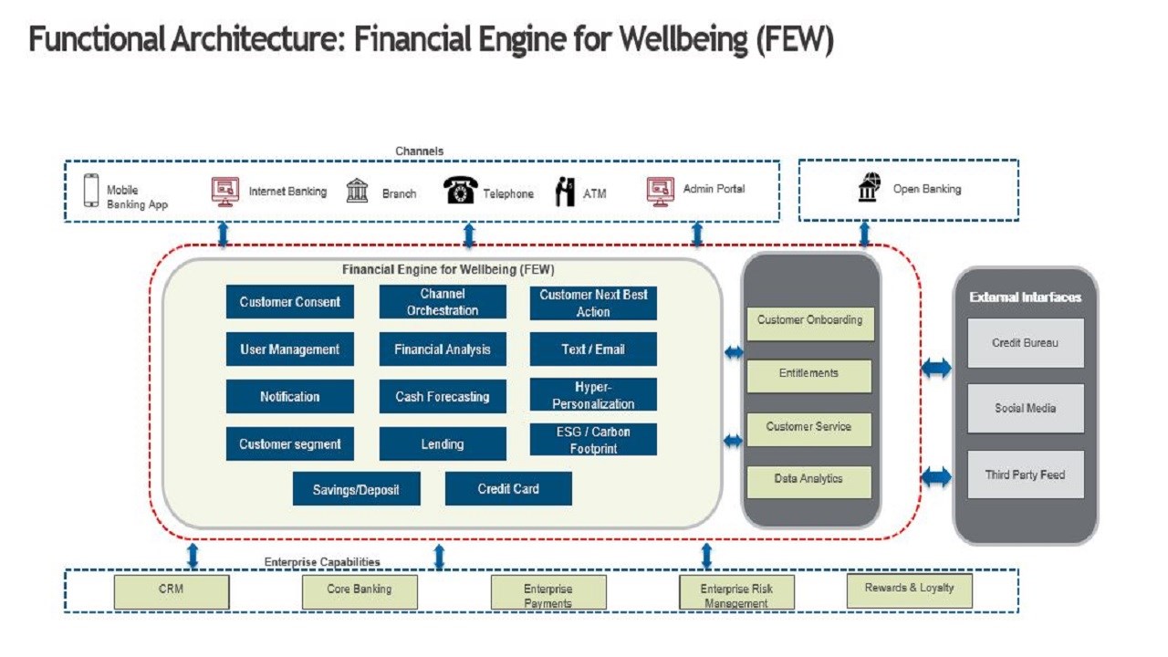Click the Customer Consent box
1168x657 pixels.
(290, 302)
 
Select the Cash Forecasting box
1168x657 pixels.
(443, 397)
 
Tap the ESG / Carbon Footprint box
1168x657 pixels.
(593, 440)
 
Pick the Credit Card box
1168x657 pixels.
(508, 489)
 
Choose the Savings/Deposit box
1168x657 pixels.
(356, 489)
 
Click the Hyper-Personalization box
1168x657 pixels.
(593, 395)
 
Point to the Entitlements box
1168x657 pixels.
(808, 374)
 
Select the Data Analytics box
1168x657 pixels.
(808, 480)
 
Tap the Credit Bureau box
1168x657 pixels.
(1026, 343)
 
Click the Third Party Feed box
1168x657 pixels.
(1026, 474)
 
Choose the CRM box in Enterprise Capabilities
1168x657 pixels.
(171, 591)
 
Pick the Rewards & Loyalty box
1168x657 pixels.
(909, 589)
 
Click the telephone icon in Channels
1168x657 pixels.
(461, 190)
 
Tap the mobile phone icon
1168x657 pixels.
(91, 192)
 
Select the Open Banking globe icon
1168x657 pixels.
(869, 187)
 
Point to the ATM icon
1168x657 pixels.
(566, 192)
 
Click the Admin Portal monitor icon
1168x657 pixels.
(661, 191)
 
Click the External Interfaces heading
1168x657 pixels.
(1026, 297)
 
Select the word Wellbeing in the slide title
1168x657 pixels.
(677, 40)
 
